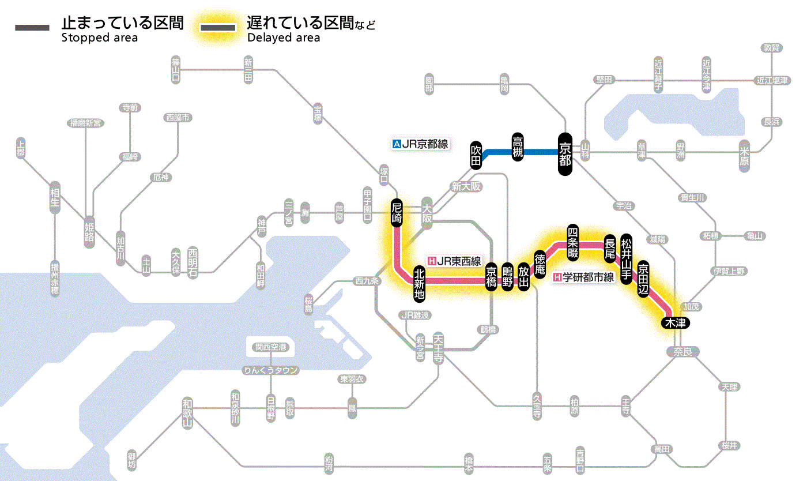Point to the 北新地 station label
pos(419,283)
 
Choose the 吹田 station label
pos(476,155)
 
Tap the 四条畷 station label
pos(572,241)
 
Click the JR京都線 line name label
pos(420,145)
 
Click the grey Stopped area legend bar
pos(33,27)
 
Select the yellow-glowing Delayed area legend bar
pos(218,27)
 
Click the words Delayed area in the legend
pos(283,38)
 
